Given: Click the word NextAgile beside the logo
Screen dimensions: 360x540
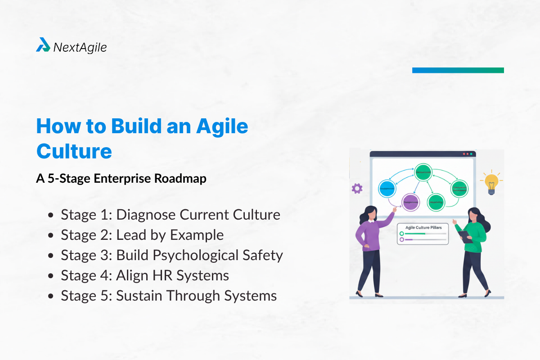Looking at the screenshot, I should click(x=80, y=47).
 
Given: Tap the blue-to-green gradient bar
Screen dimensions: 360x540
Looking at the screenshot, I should click(x=458, y=70).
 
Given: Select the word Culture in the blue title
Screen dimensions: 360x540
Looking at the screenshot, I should click(x=74, y=151).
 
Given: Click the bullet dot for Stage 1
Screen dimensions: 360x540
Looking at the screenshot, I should click(x=52, y=215).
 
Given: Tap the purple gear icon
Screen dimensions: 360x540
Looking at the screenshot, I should click(x=357, y=189).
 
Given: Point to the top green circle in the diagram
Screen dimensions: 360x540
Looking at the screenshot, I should click(x=423, y=172).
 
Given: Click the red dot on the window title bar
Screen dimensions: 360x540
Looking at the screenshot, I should click(x=464, y=154).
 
